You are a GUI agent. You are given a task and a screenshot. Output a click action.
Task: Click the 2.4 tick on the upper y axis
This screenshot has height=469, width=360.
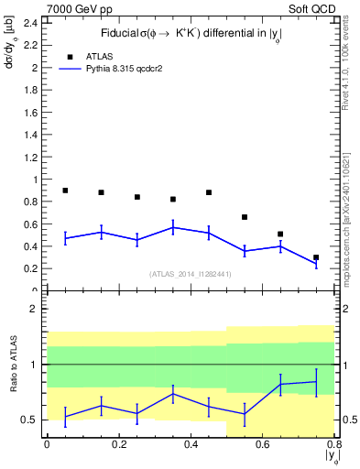(x=30, y=23)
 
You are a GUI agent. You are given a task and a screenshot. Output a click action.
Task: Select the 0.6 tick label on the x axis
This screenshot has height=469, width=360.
(x=262, y=445)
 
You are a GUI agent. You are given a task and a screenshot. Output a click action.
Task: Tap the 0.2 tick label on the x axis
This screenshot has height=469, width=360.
(x=117, y=445)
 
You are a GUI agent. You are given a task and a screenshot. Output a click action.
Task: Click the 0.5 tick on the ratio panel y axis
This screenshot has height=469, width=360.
(x=30, y=420)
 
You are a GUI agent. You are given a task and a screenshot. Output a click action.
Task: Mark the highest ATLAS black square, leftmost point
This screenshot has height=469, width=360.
(x=65, y=191)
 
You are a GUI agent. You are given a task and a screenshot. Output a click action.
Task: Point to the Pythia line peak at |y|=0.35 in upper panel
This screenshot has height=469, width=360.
(x=173, y=227)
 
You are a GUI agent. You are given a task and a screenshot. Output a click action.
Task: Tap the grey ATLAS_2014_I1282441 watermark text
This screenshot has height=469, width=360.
(x=191, y=274)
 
